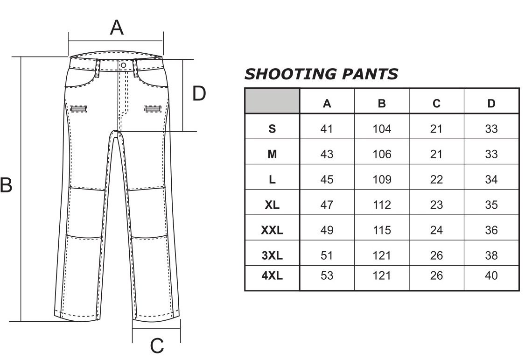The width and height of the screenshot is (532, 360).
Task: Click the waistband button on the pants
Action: (124, 65)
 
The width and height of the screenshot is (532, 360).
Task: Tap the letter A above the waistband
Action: (117, 28)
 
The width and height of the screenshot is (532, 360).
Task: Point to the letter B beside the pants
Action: (6, 185)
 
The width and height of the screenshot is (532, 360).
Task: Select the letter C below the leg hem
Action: (157, 346)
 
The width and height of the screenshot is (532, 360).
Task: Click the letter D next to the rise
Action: (199, 93)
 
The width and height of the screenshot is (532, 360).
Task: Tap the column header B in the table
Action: (382, 103)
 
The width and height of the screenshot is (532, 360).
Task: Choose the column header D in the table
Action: (491, 103)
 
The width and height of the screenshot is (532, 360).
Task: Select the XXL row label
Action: (272, 230)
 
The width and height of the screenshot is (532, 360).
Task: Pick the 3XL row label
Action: (272, 255)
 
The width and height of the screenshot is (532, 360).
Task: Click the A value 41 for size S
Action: (327, 129)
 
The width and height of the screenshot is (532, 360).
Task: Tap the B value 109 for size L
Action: (382, 179)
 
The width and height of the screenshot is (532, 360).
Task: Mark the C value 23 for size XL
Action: (436, 205)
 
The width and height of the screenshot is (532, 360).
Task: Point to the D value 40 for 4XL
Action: (491, 275)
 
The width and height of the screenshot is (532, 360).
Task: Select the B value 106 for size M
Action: (382, 154)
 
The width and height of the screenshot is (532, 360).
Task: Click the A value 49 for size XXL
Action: (327, 230)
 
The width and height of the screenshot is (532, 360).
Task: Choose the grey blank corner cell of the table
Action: (272, 101)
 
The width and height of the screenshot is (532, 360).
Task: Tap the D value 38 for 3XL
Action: (491, 255)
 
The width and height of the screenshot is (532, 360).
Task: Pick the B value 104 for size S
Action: (382, 129)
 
